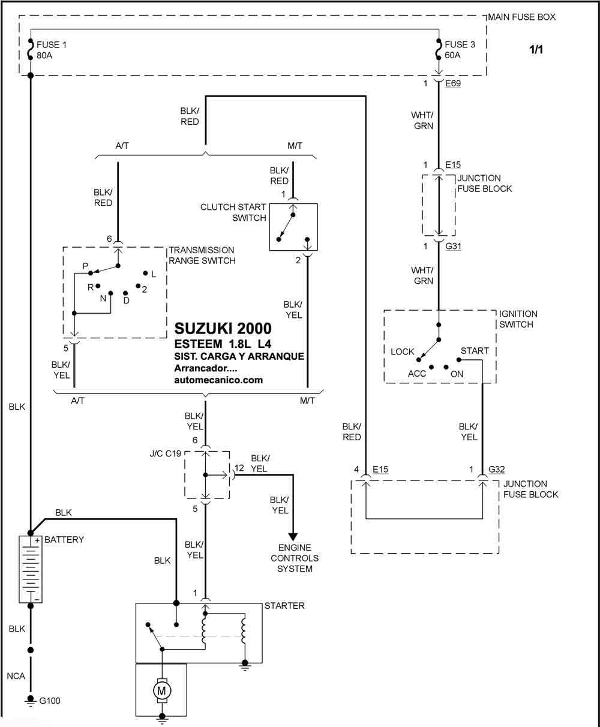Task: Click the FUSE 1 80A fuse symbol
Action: tap(30, 49)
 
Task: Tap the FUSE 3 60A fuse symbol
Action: tap(439, 49)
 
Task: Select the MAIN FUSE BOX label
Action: tap(521, 17)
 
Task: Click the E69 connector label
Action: tap(453, 83)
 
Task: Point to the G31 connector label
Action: tap(454, 246)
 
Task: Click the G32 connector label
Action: tap(496, 469)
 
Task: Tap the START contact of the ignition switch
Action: tap(458, 360)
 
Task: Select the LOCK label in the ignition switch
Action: tap(402, 352)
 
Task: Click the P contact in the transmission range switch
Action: tap(91, 273)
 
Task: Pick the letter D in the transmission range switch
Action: tap(127, 301)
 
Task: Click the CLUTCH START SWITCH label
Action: tap(233, 212)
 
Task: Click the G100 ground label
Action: tap(49, 701)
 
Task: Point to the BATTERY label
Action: tap(64, 540)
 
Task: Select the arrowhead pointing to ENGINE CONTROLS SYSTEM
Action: tap(293, 537)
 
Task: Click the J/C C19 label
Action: tap(166, 453)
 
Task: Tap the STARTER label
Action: tap(284, 606)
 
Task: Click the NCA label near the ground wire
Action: tap(16, 676)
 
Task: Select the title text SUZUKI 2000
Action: tap(223, 328)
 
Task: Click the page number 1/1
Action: tap(536, 49)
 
